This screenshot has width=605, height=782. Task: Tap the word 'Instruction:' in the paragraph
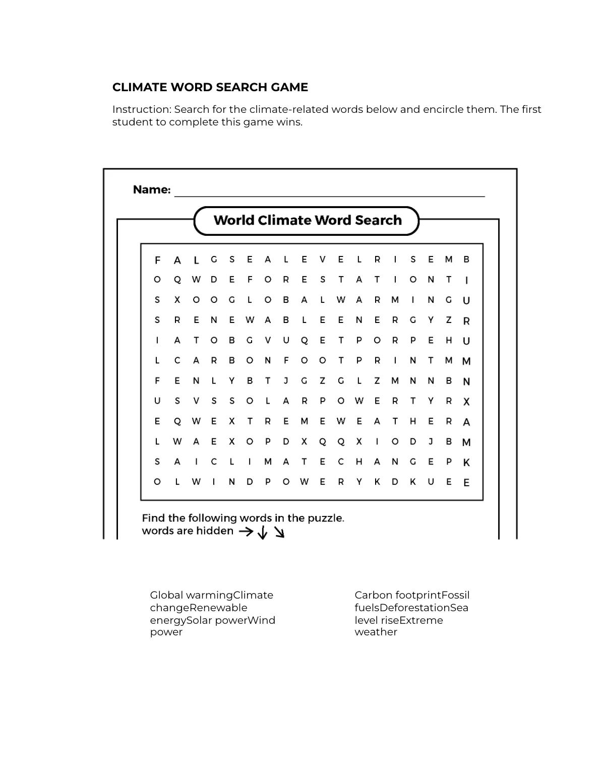click(x=142, y=109)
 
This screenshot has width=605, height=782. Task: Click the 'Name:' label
click(x=152, y=190)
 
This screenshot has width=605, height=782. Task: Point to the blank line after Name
click(x=329, y=194)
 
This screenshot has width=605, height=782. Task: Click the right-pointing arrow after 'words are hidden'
click(x=246, y=531)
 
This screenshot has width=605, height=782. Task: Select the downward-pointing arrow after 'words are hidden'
click(x=262, y=533)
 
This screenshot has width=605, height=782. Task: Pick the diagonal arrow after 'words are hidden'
click(x=279, y=533)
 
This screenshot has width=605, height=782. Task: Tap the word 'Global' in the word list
click(x=166, y=595)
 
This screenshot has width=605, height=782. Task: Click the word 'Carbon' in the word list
click(x=373, y=595)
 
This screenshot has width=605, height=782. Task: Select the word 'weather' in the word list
click(x=376, y=632)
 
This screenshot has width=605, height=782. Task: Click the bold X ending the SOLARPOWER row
click(x=466, y=402)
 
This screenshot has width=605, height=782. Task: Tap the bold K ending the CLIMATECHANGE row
click(x=466, y=462)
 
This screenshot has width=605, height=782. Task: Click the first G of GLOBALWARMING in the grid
click(x=232, y=300)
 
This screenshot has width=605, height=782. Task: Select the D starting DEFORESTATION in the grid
click(x=214, y=280)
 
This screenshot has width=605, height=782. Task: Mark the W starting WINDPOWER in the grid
click(x=196, y=482)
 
